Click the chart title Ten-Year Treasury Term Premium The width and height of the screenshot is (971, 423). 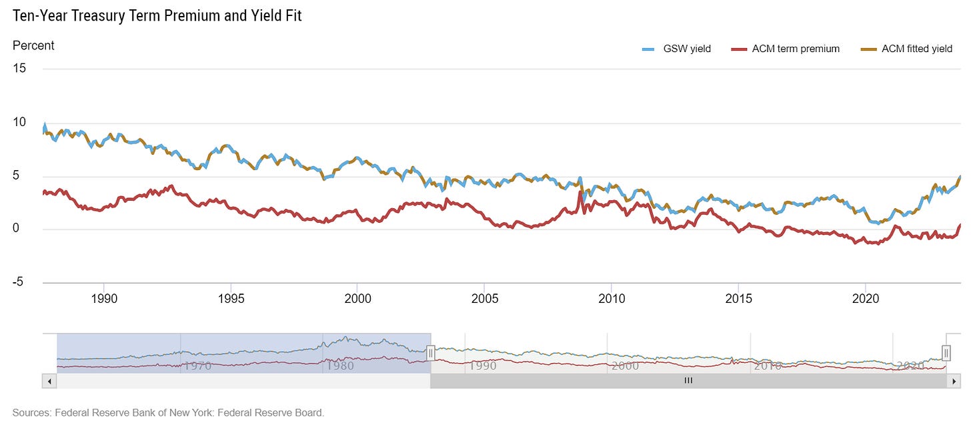tap(157, 15)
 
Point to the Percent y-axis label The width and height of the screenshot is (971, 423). tap(33, 46)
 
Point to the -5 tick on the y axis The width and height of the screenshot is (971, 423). tap(19, 282)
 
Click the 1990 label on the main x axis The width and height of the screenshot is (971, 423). tap(103, 298)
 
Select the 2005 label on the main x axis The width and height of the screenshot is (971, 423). tap(484, 298)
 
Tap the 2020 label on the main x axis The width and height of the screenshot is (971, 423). tap(865, 298)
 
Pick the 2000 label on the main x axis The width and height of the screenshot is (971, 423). tap(357, 298)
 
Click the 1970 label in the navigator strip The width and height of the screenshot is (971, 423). tap(198, 366)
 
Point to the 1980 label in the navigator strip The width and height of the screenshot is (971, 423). tap(340, 366)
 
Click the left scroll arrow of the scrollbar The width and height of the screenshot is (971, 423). tap(49, 381)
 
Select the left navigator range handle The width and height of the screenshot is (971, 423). tap(431, 352)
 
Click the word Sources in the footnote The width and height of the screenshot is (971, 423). tap(31, 412)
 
